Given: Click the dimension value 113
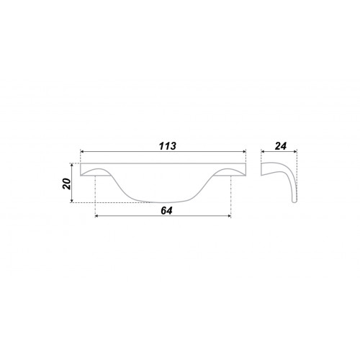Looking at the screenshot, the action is (x=168, y=146).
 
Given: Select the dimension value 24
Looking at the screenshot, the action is (x=281, y=146).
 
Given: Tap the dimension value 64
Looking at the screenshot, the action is (x=166, y=211).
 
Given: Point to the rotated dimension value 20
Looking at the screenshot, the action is (x=67, y=184).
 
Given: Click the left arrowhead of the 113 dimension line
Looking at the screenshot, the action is (x=81, y=151).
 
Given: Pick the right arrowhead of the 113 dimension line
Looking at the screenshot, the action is (x=244, y=151).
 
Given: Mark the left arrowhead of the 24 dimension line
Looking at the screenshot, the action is (x=263, y=151).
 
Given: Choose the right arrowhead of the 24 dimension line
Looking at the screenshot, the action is (x=295, y=151).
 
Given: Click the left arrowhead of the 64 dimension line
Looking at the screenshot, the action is (x=97, y=216).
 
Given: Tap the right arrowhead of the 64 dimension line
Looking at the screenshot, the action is (x=229, y=216).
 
